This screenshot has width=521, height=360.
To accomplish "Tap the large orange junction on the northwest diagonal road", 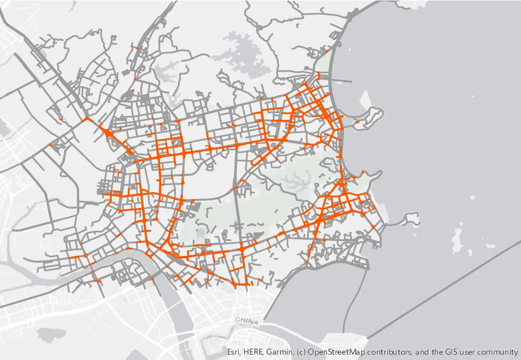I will pos(109,133).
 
